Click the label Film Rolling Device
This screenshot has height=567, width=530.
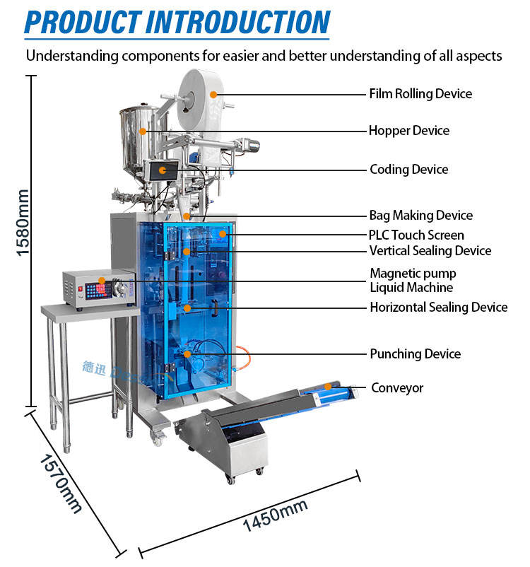420,93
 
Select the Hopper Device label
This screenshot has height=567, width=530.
408,131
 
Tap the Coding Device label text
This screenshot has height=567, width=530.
408,170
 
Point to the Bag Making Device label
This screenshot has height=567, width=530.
420,216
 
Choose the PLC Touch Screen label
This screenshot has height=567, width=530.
416,235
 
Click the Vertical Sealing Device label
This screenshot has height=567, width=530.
430,251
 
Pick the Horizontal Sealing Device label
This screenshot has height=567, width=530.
438,308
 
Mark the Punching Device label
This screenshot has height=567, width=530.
415,353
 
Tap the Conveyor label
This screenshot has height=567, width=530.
397,388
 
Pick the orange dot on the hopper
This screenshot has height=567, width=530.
143,131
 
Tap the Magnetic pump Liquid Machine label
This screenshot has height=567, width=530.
413,280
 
